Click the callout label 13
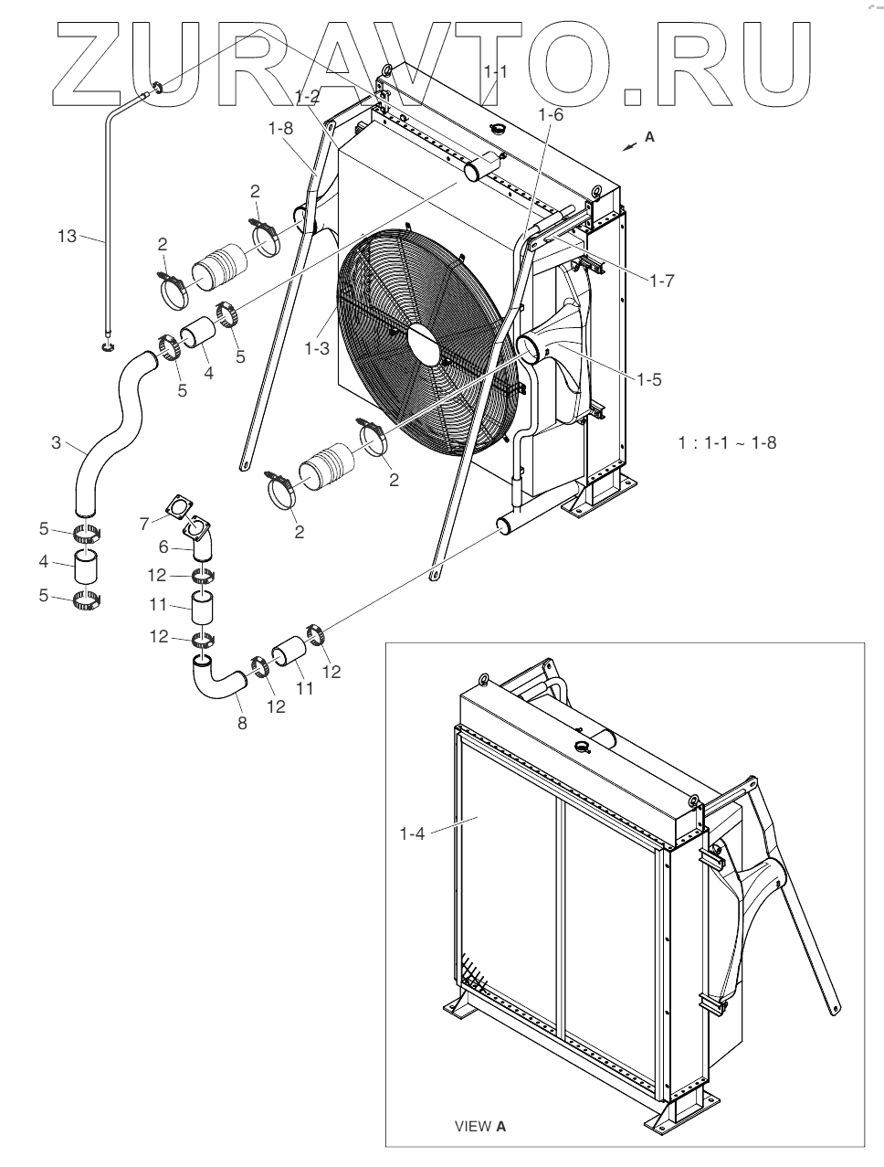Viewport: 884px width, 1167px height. point(67,236)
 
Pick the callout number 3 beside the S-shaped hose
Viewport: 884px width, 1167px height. point(57,444)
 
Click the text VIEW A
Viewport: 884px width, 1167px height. point(480,1126)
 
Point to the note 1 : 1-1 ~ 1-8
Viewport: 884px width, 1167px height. point(727,443)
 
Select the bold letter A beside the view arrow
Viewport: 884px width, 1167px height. point(649,136)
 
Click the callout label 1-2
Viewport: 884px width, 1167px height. point(308,97)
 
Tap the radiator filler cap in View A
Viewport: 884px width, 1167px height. point(583,748)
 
